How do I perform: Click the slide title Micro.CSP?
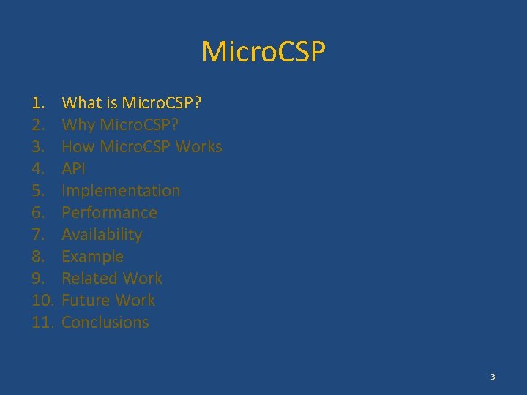(263, 52)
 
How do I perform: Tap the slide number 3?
(493, 377)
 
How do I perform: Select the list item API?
(73, 168)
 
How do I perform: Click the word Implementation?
(121, 190)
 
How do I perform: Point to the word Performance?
(109, 212)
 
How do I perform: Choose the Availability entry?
(102, 234)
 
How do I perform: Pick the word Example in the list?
(92, 256)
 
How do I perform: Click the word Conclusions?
(105, 322)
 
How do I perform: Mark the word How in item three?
(78, 146)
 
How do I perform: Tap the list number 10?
(42, 300)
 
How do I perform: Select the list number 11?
(42, 322)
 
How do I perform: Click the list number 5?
(38, 190)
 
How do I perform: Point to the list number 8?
(38, 256)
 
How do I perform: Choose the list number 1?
(38, 102)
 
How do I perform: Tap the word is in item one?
(112, 102)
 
